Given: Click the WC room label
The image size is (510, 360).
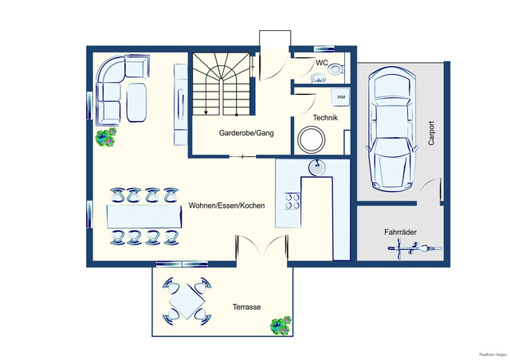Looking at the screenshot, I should [323, 62].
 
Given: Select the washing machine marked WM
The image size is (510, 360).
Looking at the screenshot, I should [340, 97].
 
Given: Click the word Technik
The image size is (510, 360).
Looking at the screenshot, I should [326, 118].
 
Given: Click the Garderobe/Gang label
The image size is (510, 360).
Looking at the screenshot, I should [246, 133].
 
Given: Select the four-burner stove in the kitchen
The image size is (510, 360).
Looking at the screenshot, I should [292, 202].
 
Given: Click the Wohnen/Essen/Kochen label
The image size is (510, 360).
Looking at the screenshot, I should [226, 205].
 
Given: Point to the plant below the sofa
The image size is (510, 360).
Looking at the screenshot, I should [105, 139].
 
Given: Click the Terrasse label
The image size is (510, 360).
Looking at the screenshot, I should [247, 307].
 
